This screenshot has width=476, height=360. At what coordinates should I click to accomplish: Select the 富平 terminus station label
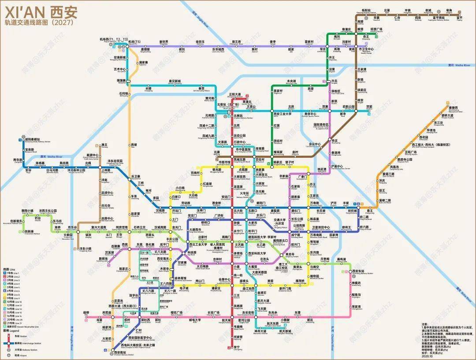(460, 19)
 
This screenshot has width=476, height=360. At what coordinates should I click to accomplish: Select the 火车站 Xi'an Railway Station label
(244, 194)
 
